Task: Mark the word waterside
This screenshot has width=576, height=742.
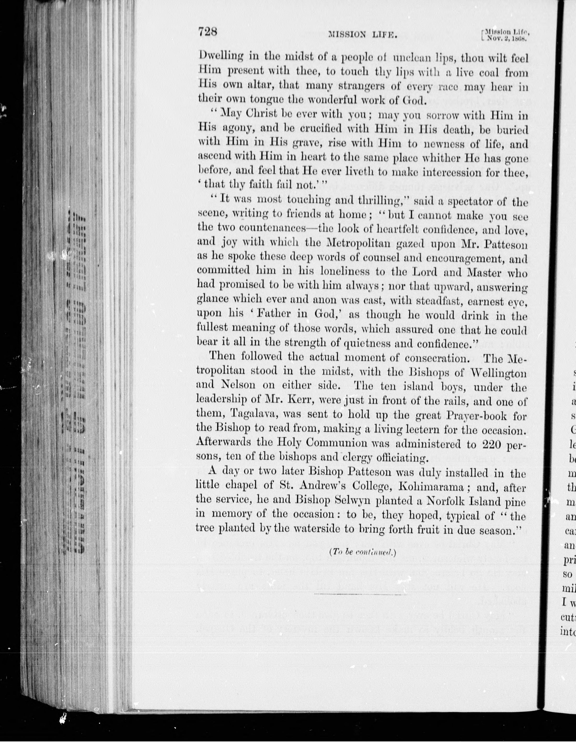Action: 301,529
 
